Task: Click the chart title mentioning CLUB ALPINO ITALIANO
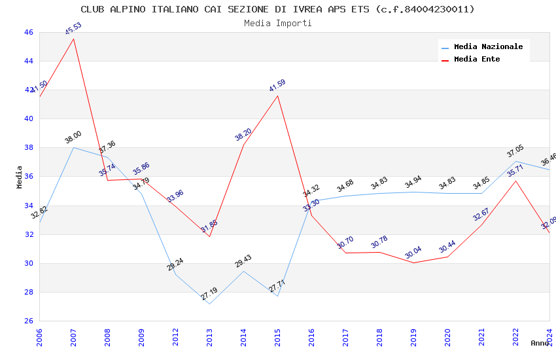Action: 277,9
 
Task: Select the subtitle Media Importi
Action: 277,23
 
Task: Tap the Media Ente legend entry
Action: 477,59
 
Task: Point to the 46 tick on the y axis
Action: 27,32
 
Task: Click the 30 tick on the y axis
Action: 27,263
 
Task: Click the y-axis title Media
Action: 20,177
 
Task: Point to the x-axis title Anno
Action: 540,343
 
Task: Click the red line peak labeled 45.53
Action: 73,39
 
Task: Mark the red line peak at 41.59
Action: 277,96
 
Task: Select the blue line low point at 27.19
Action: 209,304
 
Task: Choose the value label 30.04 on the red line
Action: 413,253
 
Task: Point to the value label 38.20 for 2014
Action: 243,135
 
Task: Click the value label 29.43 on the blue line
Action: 243,261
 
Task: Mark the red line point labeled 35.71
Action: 515,181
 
